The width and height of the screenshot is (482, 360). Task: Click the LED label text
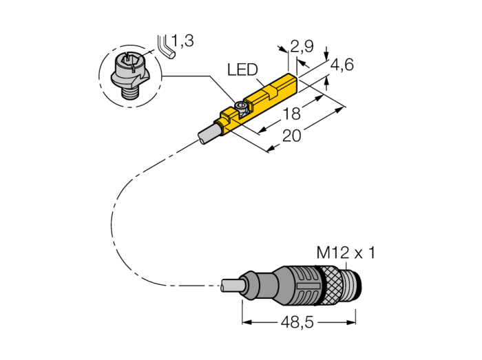[242, 70]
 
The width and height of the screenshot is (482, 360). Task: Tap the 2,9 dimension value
[302, 47]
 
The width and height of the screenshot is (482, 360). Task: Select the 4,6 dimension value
[342, 65]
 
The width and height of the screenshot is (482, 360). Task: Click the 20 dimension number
[292, 136]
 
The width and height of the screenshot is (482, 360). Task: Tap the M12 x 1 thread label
[346, 253]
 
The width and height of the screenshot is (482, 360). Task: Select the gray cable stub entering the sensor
[207, 134]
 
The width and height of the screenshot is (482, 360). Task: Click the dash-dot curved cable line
[114, 220]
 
